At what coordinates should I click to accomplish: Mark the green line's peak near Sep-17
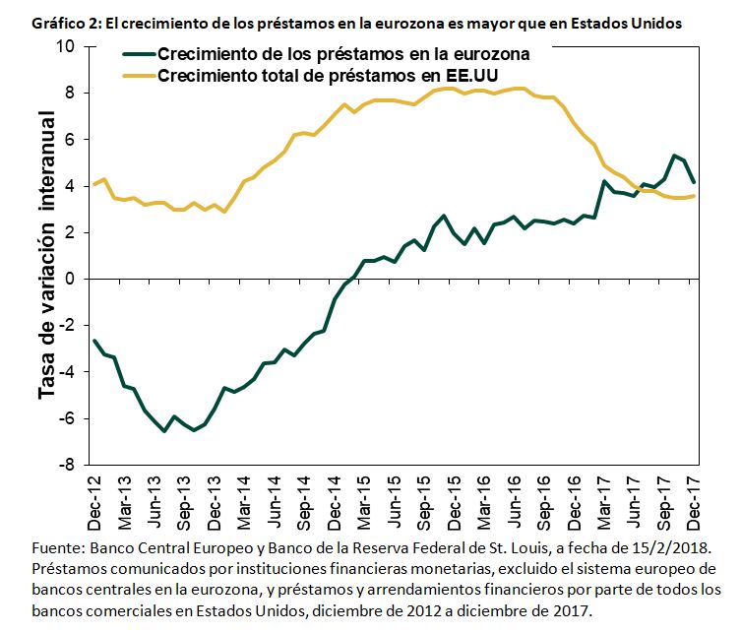click(674, 156)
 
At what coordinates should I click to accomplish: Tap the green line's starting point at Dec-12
click(94, 341)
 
